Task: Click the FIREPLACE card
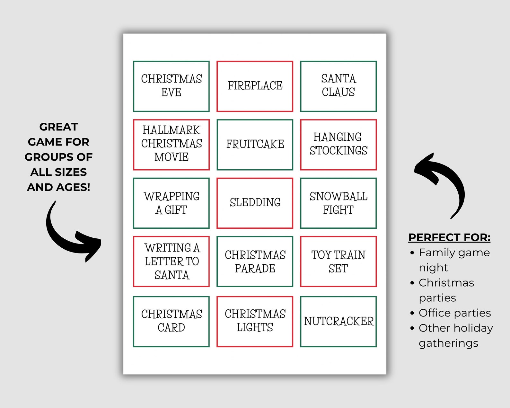tap(255, 86)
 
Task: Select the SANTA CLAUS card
tap(338, 86)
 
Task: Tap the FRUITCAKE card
tap(255, 145)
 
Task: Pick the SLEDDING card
tap(255, 203)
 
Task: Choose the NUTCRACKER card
tap(339, 321)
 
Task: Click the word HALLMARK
tap(171, 130)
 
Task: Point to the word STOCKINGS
tap(339, 151)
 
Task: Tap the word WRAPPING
tap(171, 196)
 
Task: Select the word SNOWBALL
tap(339, 196)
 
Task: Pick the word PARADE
tap(255, 269)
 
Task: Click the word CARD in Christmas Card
tap(171, 328)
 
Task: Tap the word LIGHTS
tap(255, 327)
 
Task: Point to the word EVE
tap(171, 93)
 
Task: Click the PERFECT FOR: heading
tap(449, 237)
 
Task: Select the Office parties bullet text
tap(455, 313)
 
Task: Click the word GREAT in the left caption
tap(58, 127)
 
